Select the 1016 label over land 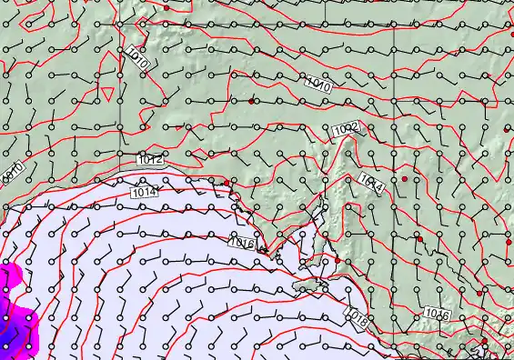click(x=437, y=315)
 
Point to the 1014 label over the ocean click(x=143, y=193)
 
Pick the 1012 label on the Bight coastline click(x=151, y=160)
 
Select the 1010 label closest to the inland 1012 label click(x=317, y=85)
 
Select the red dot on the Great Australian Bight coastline click(x=227, y=183)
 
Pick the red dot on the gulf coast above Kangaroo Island click(x=338, y=261)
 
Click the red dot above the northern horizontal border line click(x=166, y=7)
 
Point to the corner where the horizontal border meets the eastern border click(x=394, y=21)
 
